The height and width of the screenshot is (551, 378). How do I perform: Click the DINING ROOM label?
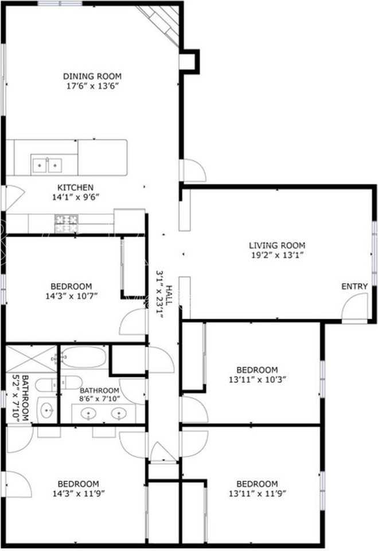tap(92, 76)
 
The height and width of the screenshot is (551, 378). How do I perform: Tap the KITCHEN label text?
tap(75, 188)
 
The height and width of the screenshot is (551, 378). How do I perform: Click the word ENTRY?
tap(354, 286)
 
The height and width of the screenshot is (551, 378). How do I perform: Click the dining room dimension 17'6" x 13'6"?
tap(92, 87)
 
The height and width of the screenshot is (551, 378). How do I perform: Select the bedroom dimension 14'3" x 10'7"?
tap(71, 297)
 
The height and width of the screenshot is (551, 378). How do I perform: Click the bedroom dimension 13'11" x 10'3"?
tap(257, 379)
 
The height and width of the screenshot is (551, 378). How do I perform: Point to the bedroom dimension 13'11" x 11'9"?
tap(257, 494)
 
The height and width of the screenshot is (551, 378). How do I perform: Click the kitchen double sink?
tap(46, 165)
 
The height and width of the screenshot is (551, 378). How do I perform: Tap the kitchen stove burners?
tap(66, 223)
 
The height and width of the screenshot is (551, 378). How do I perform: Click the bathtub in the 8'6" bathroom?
tap(84, 357)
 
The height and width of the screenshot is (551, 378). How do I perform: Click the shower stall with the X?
tap(31, 359)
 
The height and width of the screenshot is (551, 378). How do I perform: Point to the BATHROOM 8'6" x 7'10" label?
tap(99, 391)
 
